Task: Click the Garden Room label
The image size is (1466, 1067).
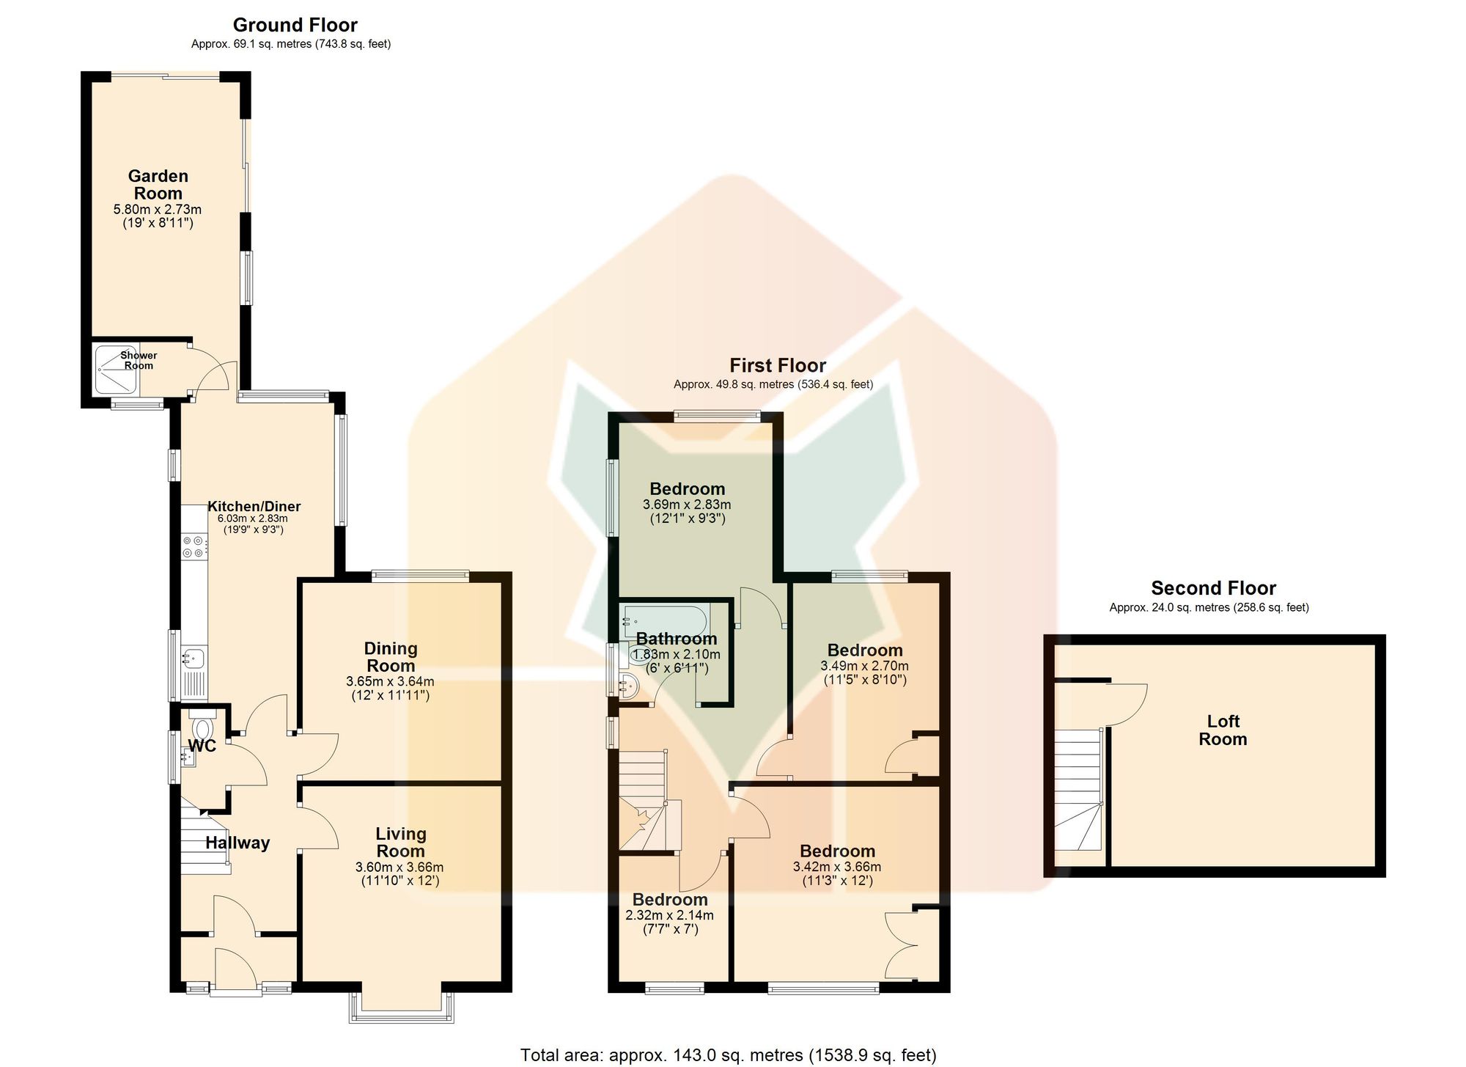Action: click(x=158, y=185)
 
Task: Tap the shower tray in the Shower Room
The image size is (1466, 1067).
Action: click(x=108, y=370)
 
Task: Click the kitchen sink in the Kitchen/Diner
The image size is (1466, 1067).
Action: click(x=194, y=659)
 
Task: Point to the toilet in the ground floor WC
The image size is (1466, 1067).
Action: click(x=202, y=726)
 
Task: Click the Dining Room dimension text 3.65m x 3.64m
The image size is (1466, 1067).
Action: click(x=390, y=681)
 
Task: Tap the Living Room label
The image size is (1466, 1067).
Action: click(x=400, y=843)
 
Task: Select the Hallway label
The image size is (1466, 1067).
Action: click(x=237, y=843)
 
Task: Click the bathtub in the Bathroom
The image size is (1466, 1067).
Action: click(x=664, y=623)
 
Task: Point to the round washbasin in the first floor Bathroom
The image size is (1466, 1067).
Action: click(x=628, y=686)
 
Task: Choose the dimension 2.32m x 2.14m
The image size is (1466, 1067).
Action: click(x=669, y=915)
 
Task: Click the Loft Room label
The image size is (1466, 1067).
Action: click(x=1223, y=730)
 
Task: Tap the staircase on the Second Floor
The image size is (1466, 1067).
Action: click(x=1078, y=789)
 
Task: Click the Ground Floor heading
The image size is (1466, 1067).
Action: click(x=295, y=25)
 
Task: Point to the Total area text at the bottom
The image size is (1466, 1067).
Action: click(x=729, y=1055)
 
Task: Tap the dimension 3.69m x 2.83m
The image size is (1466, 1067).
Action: click(x=687, y=505)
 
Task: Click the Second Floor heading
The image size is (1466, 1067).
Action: click(x=1213, y=588)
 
